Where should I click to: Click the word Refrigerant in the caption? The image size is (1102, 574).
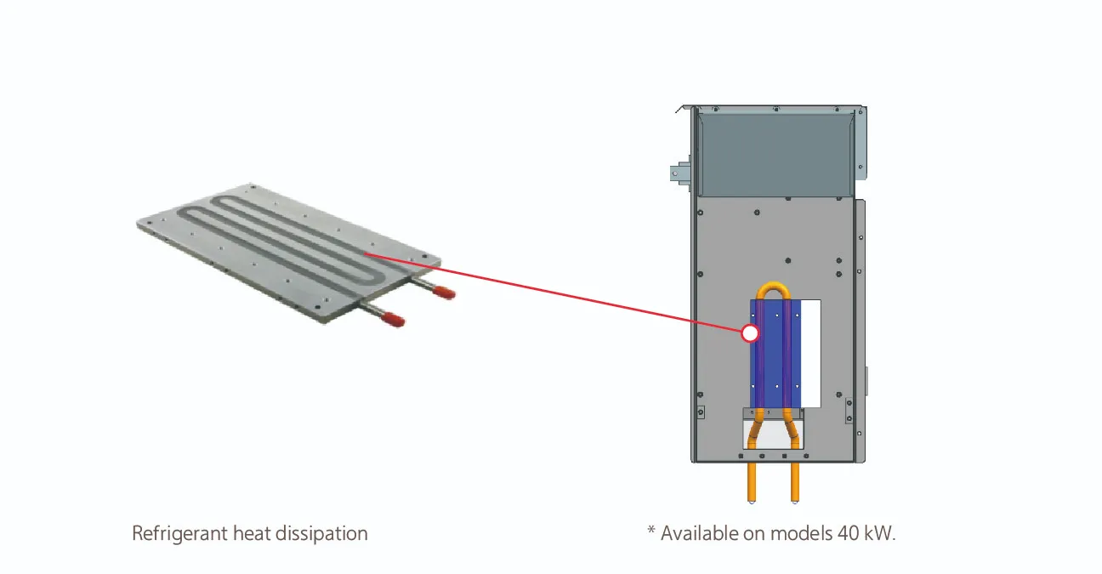coord(179,534)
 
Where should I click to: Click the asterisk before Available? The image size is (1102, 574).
coord(651,531)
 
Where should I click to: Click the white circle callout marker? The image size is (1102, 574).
coord(750,333)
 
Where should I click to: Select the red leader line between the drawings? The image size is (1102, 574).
coord(554,293)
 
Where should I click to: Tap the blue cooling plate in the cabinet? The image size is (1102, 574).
coord(775,354)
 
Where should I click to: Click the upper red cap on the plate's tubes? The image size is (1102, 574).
coord(444,293)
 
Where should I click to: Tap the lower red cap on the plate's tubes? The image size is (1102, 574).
coord(393,319)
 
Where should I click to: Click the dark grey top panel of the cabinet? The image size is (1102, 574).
coord(775,153)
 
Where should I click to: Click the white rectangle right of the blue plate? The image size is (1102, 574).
coord(810,354)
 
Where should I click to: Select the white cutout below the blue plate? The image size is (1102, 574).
coord(773,434)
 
